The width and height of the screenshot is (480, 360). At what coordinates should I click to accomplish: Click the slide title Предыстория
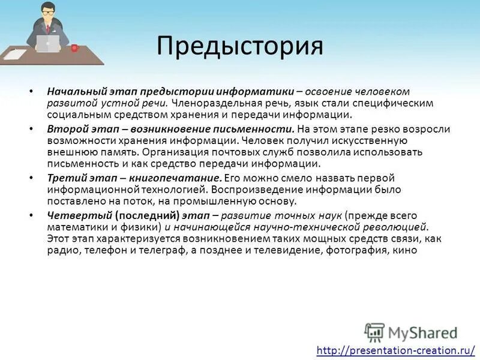click(240, 46)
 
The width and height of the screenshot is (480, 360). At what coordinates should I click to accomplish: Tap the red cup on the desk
click(74, 47)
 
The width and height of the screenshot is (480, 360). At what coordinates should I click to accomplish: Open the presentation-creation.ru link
click(396, 350)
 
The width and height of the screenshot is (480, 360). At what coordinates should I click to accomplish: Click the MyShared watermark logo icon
click(374, 332)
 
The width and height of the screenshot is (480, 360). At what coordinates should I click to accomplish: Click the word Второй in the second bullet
click(64, 128)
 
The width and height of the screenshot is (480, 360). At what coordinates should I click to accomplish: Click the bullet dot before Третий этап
click(31, 179)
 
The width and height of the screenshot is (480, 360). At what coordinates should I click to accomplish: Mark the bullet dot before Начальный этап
click(31, 92)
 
